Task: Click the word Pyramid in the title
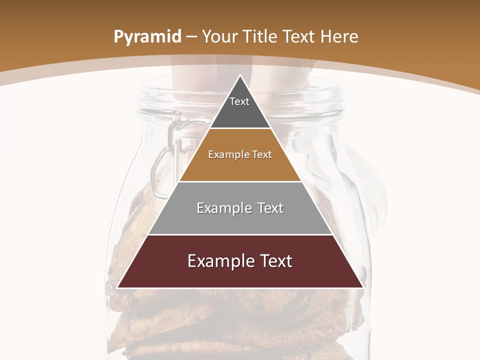pos(147,37)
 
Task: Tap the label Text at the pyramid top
pos(239,102)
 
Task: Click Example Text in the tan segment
pos(240,154)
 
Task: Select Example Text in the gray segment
pos(240,208)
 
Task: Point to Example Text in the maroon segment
pos(240,261)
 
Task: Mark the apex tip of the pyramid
pos(240,76)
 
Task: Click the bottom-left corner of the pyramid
pos(118,287)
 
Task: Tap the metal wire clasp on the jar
pos(165,155)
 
